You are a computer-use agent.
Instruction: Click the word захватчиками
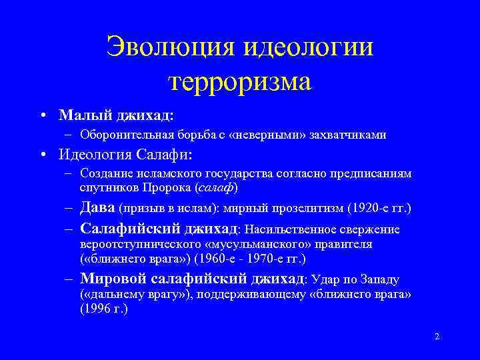tap(353, 135)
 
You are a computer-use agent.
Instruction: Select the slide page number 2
tap(437, 337)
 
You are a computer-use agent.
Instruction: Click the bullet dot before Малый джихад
tap(43, 115)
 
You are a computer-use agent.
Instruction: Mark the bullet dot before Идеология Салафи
tap(43, 155)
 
